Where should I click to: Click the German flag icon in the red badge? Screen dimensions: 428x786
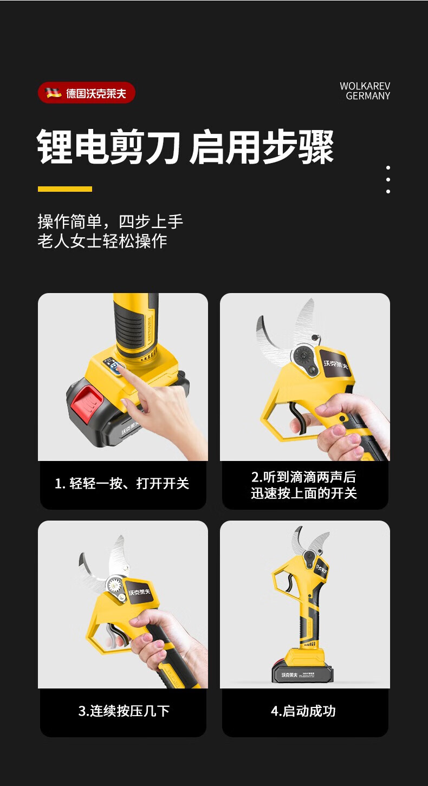coord(53,93)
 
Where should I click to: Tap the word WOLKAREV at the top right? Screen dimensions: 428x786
coord(365,86)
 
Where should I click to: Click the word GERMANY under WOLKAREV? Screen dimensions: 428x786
coord(368,96)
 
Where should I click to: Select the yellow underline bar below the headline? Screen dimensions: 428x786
coord(65,189)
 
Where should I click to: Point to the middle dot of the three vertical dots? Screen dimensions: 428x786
coord(388,179)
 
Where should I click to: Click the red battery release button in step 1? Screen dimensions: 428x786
coord(87,403)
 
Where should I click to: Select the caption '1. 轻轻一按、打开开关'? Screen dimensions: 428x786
coord(122,483)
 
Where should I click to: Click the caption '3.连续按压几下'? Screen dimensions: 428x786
coord(124,711)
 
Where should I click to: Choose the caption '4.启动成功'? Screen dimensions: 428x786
coord(303,711)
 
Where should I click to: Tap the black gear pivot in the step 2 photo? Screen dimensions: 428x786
coord(302,356)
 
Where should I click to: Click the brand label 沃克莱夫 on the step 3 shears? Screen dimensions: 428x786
coord(139,592)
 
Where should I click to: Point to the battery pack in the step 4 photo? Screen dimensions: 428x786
coord(302,671)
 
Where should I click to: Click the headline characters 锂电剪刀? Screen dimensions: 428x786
coord(108,147)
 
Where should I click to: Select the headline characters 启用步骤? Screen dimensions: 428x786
coord(261,147)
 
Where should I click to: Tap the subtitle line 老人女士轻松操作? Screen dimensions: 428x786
coord(102,241)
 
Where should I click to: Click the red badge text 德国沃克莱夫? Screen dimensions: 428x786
coord(96,93)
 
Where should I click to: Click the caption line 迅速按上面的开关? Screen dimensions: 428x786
coord(304,493)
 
